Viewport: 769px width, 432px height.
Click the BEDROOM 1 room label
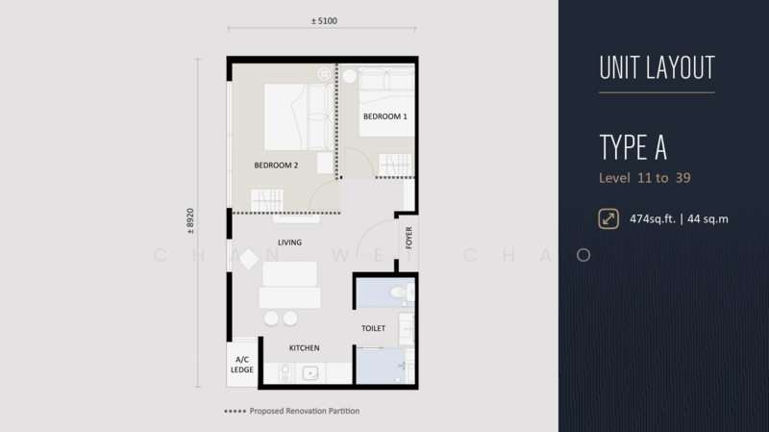(x=385, y=116)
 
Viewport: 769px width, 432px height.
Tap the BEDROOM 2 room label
(x=276, y=165)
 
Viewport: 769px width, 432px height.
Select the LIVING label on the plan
(x=290, y=242)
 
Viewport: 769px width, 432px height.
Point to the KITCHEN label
(x=304, y=348)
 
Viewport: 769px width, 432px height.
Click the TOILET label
(x=373, y=328)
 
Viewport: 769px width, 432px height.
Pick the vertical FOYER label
(x=409, y=238)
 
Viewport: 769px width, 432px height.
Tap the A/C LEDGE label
(x=242, y=365)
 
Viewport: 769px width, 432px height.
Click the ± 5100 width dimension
(x=324, y=21)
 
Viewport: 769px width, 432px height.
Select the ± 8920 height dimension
(x=190, y=221)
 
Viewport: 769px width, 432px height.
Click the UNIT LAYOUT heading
(x=657, y=67)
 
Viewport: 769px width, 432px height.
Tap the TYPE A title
(x=633, y=147)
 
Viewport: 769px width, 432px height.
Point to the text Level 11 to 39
(x=644, y=178)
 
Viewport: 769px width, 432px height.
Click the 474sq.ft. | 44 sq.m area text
(x=679, y=219)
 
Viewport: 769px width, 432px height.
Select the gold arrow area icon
(x=608, y=219)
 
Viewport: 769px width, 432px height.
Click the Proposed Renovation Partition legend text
(x=305, y=411)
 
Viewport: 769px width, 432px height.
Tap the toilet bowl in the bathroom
(x=397, y=293)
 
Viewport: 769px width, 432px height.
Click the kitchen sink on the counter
(x=310, y=373)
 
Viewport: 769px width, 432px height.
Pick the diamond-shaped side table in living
(x=249, y=259)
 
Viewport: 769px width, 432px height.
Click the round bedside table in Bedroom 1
(x=350, y=76)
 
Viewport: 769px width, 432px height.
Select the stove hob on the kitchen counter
(x=285, y=373)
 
